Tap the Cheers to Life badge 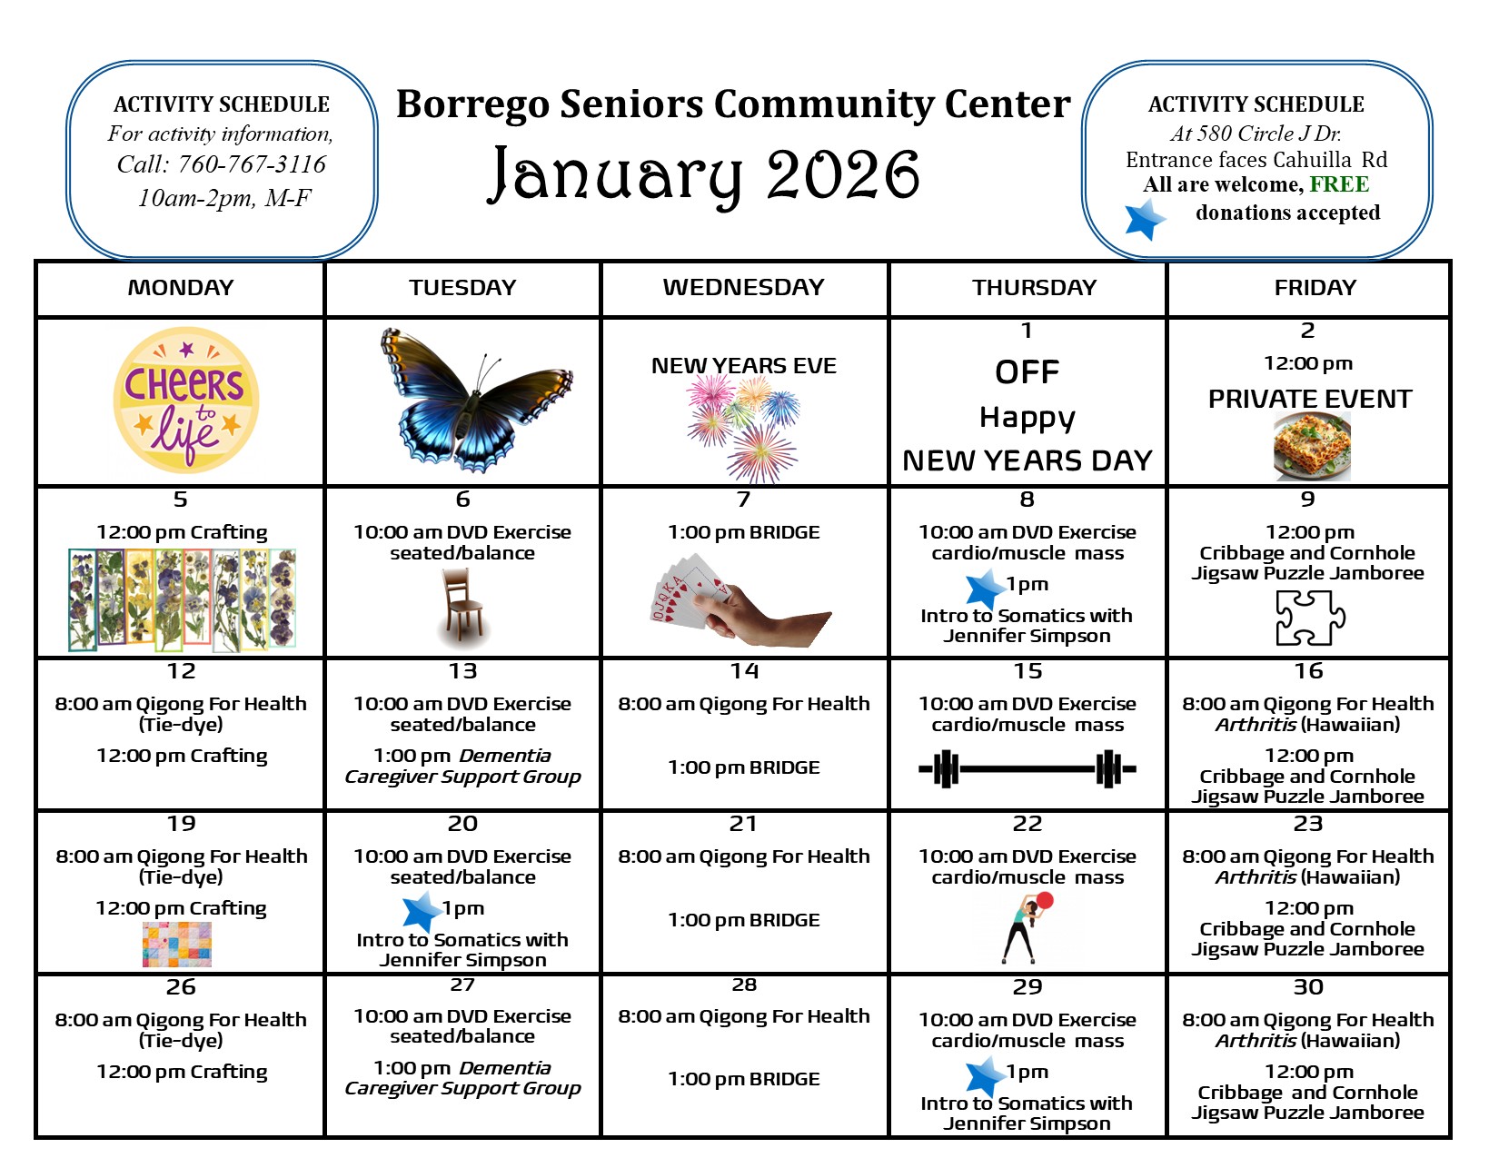pos(186,400)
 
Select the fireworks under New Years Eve pos(742,426)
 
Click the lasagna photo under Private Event pos(1312,446)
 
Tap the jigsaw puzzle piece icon pos(1310,618)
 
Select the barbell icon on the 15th pos(1027,769)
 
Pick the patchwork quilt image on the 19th pos(177,945)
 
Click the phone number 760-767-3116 pos(252,164)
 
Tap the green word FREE pos(1339,184)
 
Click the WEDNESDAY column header pos(743,288)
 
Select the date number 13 pos(462,671)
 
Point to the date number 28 pos(743,985)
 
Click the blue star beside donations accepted pos(1145,219)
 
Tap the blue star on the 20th pos(422,911)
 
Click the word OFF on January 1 pos(1027,372)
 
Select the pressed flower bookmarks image pos(182,599)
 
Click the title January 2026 pos(705,174)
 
